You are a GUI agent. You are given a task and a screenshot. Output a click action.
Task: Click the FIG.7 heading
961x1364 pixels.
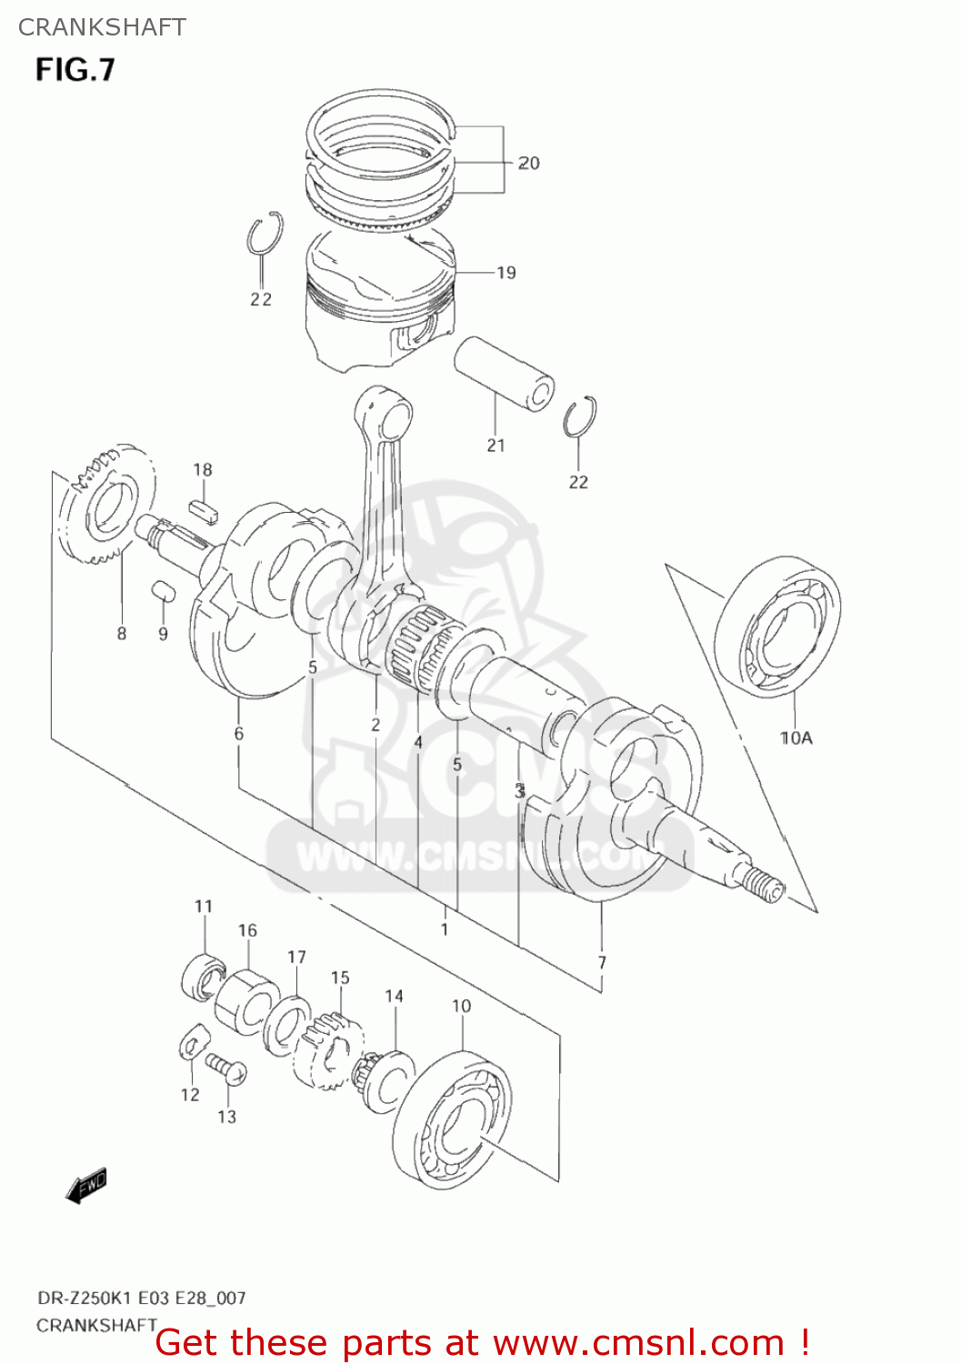point(75,69)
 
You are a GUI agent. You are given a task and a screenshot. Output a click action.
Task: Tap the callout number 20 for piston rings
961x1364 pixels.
point(528,163)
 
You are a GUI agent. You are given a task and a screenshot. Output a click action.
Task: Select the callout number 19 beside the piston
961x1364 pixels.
point(506,272)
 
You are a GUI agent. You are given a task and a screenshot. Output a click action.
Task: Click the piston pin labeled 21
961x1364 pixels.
point(505,374)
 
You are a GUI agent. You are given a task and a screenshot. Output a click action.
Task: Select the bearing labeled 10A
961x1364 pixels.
point(778,627)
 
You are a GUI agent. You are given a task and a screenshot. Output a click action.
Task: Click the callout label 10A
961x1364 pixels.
point(796,737)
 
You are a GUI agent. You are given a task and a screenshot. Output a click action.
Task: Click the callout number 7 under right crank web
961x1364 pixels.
point(602,962)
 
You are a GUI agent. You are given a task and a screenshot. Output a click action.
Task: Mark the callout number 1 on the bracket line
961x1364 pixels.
point(445,928)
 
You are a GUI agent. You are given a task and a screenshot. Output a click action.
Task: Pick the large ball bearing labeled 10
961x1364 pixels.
point(452,1116)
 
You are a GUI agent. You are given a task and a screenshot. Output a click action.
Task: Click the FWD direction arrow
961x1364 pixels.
point(87,1185)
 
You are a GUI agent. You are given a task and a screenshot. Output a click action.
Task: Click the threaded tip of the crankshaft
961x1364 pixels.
point(760,881)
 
